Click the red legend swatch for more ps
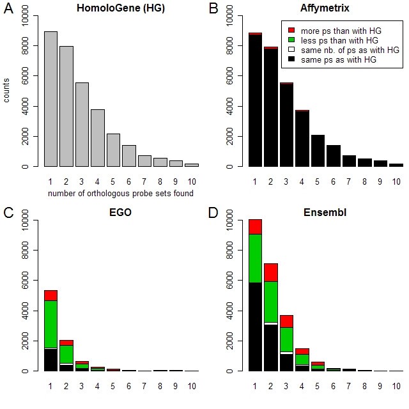pyautogui.click(x=291, y=30)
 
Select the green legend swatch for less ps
pyautogui.click(x=291, y=40)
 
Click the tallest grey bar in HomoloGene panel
pyautogui.click(x=50, y=99)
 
